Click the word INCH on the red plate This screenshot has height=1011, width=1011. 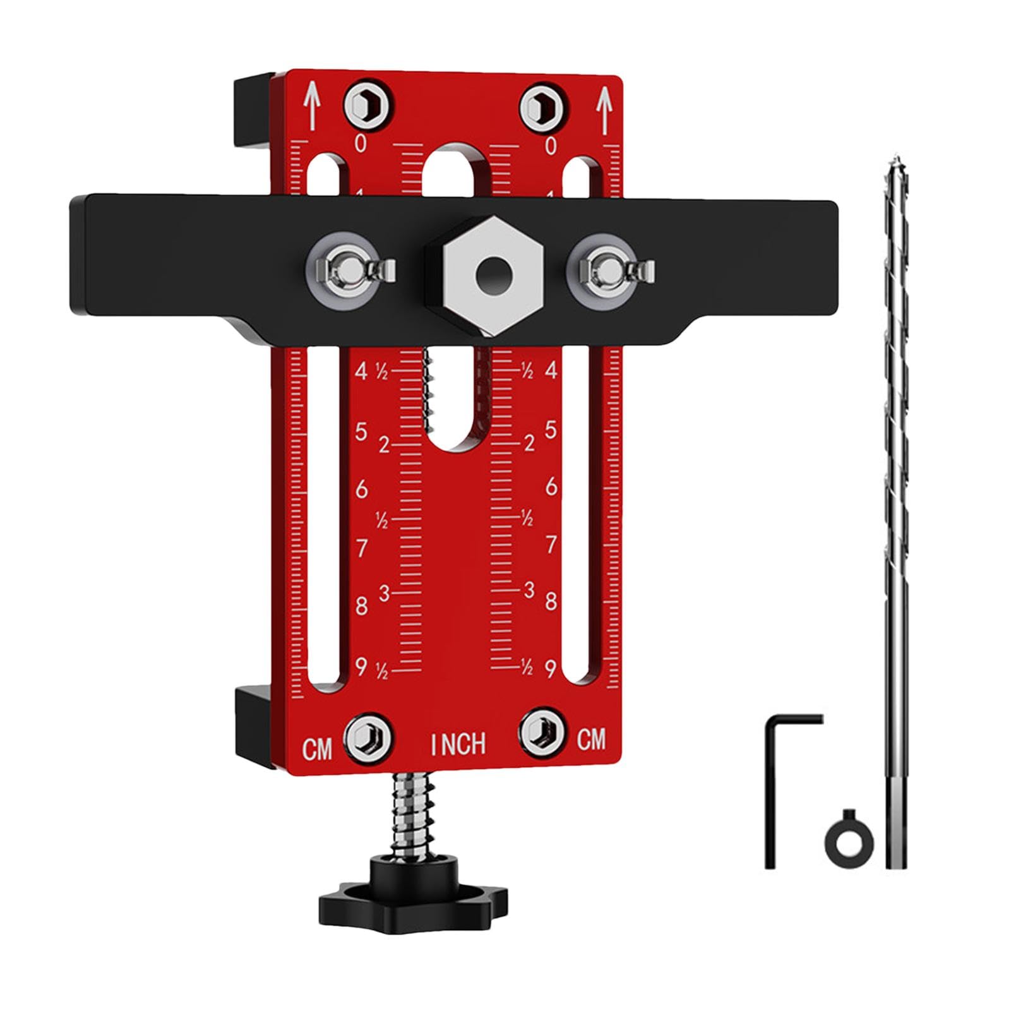tap(458, 744)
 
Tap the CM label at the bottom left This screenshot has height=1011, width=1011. tap(317, 750)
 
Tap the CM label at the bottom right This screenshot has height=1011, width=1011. tap(591, 739)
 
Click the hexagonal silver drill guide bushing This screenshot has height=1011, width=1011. tap(485, 274)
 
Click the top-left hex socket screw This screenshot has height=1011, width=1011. tap(369, 102)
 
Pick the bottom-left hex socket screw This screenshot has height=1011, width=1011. tap(367, 736)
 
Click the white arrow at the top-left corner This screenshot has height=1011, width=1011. tap(311, 105)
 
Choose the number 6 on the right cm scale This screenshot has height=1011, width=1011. tap(551, 486)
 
